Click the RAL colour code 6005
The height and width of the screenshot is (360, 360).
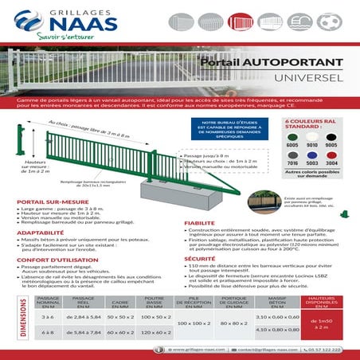coord(292,145)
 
